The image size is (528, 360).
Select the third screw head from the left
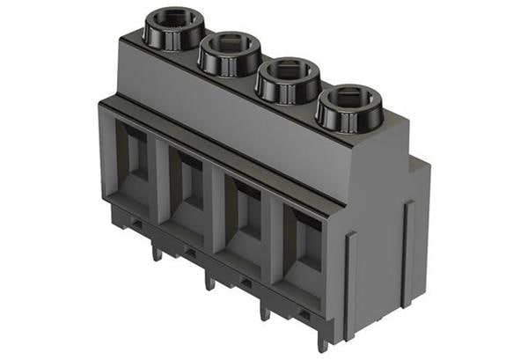click(x=288, y=78)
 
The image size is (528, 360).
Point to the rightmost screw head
click(x=348, y=105)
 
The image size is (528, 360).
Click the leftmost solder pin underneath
click(x=157, y=253)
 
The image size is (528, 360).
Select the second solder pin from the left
click(x=209, y=281)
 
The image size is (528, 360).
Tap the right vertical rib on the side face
click(x=407, y=242)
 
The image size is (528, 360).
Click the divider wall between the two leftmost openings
click(x=162, y=180)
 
